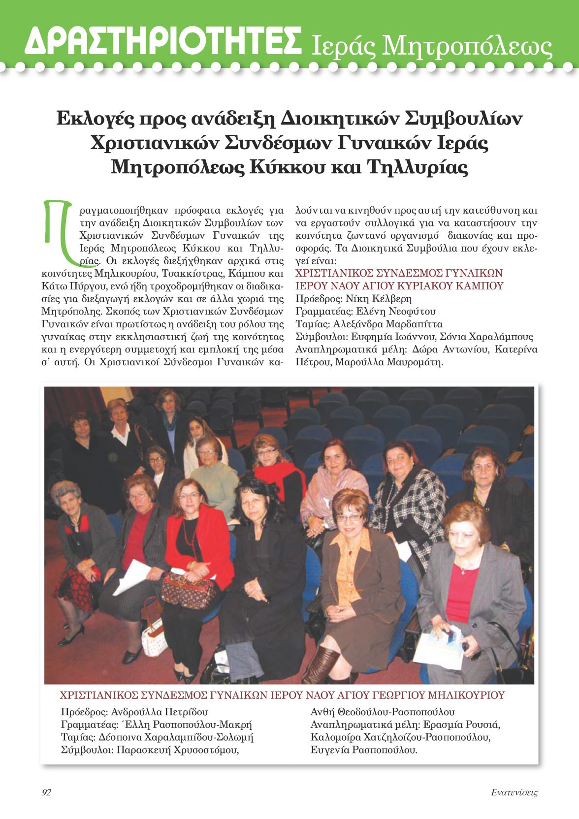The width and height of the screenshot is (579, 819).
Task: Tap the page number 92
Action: pos(47,792)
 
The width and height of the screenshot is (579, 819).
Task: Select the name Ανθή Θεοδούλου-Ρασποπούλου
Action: pos(383,712)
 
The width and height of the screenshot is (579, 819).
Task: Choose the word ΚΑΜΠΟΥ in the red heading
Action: pos(475,286)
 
